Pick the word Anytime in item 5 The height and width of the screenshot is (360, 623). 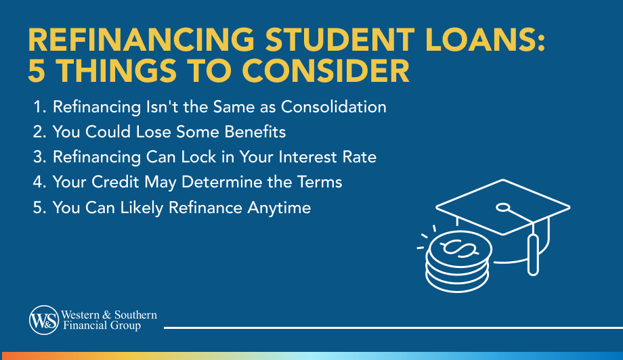coord(278,207)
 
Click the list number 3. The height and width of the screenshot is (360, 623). coord(37,157)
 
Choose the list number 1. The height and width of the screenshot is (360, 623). coord(37,107)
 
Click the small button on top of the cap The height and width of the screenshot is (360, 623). coord(502,207)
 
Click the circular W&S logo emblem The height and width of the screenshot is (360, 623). coord(43,319)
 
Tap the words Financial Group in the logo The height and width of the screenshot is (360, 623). coord(101,325)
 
